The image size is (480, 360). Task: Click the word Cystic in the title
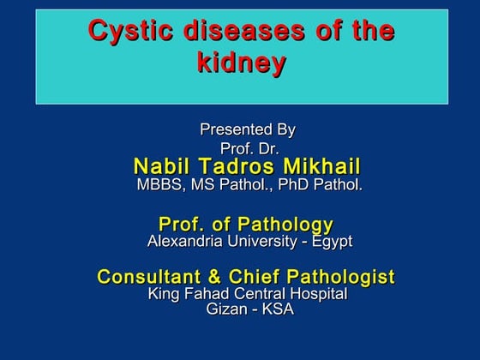(x=130, y=32)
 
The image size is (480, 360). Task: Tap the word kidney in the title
(x=241, y=63)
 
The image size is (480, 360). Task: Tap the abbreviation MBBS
(x=159, y=185)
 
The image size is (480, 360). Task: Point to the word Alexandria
(x=184, y=242)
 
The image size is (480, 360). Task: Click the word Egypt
(x=331, y=243)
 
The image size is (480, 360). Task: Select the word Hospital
(x=318, y=294)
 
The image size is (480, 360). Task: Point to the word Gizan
(x=225, y=309)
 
